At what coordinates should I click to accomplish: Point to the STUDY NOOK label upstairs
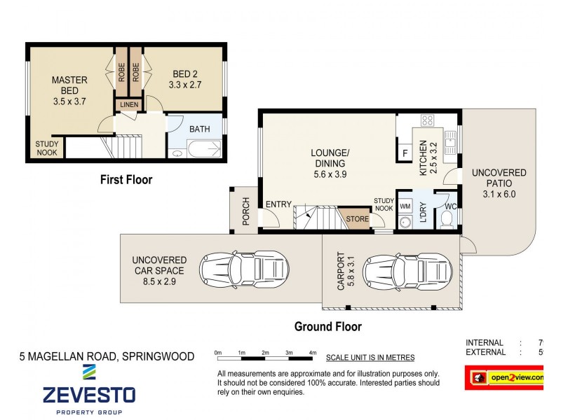tap(47, 148)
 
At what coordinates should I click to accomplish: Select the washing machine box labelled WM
tap(405, 207)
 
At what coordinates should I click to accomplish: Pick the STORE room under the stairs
tap(357, 219)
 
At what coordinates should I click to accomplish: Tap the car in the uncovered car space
tap(243, 268)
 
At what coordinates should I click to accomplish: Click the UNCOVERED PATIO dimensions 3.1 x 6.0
tap(499, 195)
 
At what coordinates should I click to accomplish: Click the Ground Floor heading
tap(327, 326)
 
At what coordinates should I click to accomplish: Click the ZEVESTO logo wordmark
tap(89, 394)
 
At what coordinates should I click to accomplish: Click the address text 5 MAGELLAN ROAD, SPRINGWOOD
tap(107, 356)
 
